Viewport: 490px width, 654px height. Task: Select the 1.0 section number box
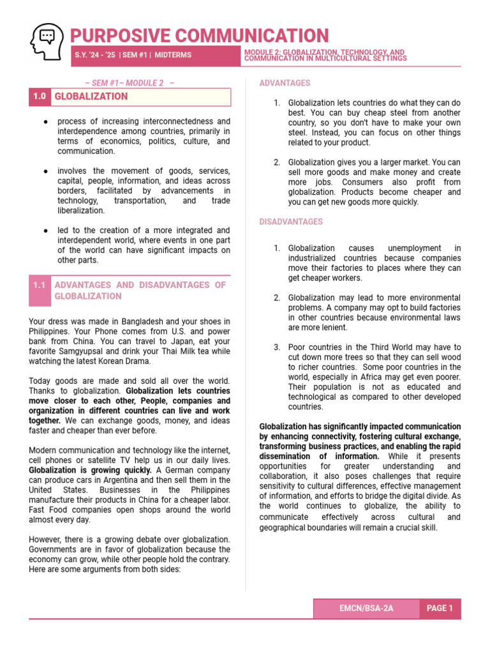40,96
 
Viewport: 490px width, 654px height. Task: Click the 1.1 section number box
40,285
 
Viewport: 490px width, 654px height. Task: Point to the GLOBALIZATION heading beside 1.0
91,96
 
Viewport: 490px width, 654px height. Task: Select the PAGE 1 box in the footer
440,608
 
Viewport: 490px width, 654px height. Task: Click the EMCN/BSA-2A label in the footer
366,608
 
